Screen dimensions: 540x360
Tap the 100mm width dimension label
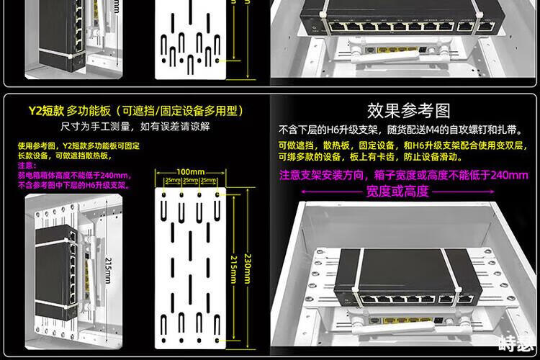point(190,172)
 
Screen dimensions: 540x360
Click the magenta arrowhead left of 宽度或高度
point(305,191)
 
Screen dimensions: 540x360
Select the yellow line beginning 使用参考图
point(78,146)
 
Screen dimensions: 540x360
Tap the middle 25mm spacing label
point(190,180)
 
